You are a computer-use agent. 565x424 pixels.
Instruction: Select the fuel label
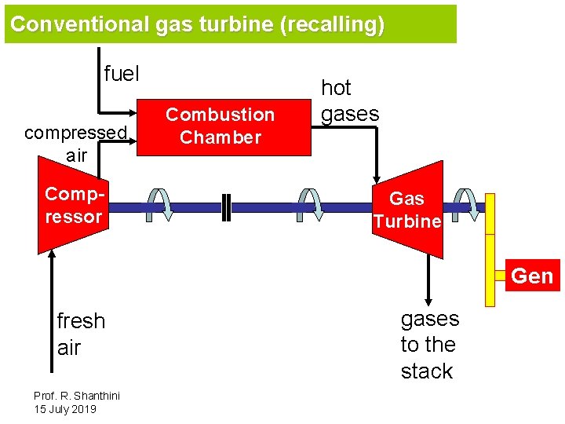click(121, 75)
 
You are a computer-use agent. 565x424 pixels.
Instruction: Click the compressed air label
click(76, 144)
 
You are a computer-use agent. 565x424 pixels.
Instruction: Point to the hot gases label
click(349, 101)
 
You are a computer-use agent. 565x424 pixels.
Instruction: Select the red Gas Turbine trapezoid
click(408, 210)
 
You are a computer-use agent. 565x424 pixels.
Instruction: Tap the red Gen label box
click(532, 276)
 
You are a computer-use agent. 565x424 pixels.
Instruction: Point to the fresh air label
click(81, 334)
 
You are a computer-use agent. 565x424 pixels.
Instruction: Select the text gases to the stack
click(429, 345)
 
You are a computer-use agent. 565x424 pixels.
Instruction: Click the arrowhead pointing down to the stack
click(428, 300)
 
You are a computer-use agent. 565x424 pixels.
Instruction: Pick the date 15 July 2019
click(64, 410)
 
